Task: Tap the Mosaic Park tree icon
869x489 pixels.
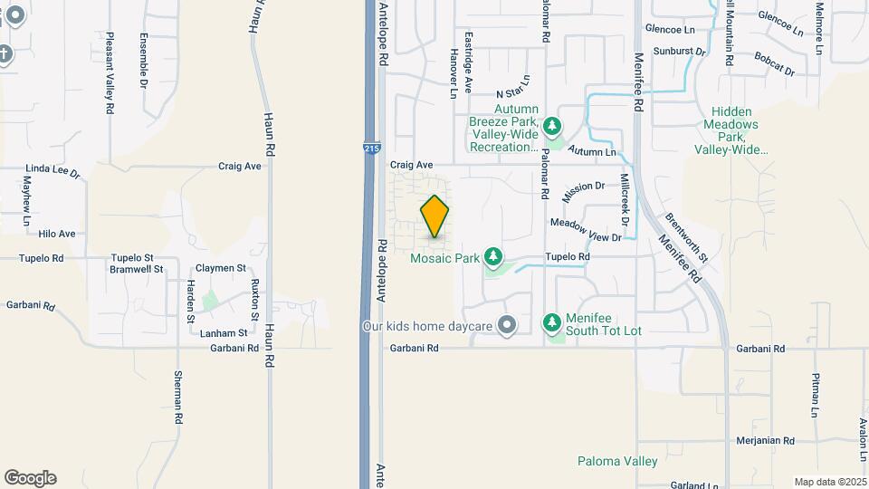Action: click(493, 258)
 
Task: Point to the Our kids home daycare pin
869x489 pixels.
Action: click(507, 324)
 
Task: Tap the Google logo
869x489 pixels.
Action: click(30, 478)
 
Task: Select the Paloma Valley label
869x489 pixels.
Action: click(617, 461)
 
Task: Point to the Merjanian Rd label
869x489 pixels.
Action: click(765, 441)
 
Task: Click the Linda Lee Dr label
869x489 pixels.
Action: click(53, 170)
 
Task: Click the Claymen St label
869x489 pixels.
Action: click(222, 268)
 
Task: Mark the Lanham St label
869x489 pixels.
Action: click(223, 332)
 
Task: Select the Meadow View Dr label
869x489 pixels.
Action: click(586, 230)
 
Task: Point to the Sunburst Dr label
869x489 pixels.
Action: click(678, 52)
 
